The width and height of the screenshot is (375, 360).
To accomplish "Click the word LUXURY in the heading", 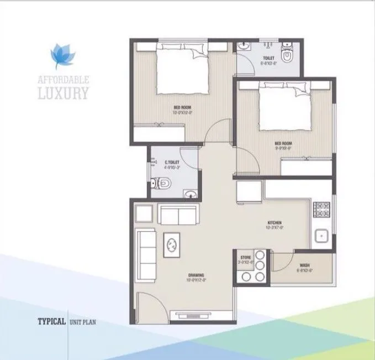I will coord(62,92).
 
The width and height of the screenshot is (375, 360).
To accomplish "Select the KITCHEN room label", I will coord(275,223).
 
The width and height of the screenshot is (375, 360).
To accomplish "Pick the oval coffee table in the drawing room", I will coord(172,243).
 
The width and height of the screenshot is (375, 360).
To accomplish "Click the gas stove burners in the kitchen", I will coord(322,210).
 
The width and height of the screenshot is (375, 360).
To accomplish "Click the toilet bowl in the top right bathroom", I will coord(288,55).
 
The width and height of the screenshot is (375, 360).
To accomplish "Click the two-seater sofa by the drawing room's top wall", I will coord(177,214).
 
